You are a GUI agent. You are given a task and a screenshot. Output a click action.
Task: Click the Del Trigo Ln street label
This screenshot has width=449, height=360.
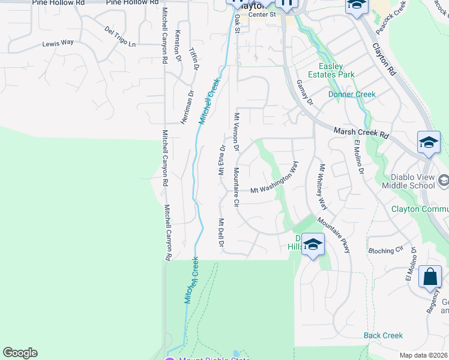tap(120, 37)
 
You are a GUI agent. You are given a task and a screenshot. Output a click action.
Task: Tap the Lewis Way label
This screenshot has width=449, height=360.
tap(58, 43)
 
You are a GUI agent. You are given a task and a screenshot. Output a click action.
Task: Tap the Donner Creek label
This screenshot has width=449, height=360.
tap(352, 94)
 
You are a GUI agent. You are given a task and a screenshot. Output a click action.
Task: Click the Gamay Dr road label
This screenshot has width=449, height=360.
tap(304, 93)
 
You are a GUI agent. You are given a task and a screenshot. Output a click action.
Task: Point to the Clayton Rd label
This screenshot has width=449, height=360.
tap(385, 58)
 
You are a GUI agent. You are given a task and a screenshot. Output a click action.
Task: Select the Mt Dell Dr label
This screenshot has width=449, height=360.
tap(220, 233)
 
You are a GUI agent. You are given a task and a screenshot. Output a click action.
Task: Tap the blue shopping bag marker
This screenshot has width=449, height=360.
tap(430, 277)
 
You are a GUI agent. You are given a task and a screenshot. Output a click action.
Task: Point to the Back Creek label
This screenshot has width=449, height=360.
tap(383, 335)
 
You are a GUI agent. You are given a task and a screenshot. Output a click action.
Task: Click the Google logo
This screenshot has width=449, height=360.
tap(20, 353)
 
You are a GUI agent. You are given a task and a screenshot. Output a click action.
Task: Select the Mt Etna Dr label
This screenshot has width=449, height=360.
tap(221, 157)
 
